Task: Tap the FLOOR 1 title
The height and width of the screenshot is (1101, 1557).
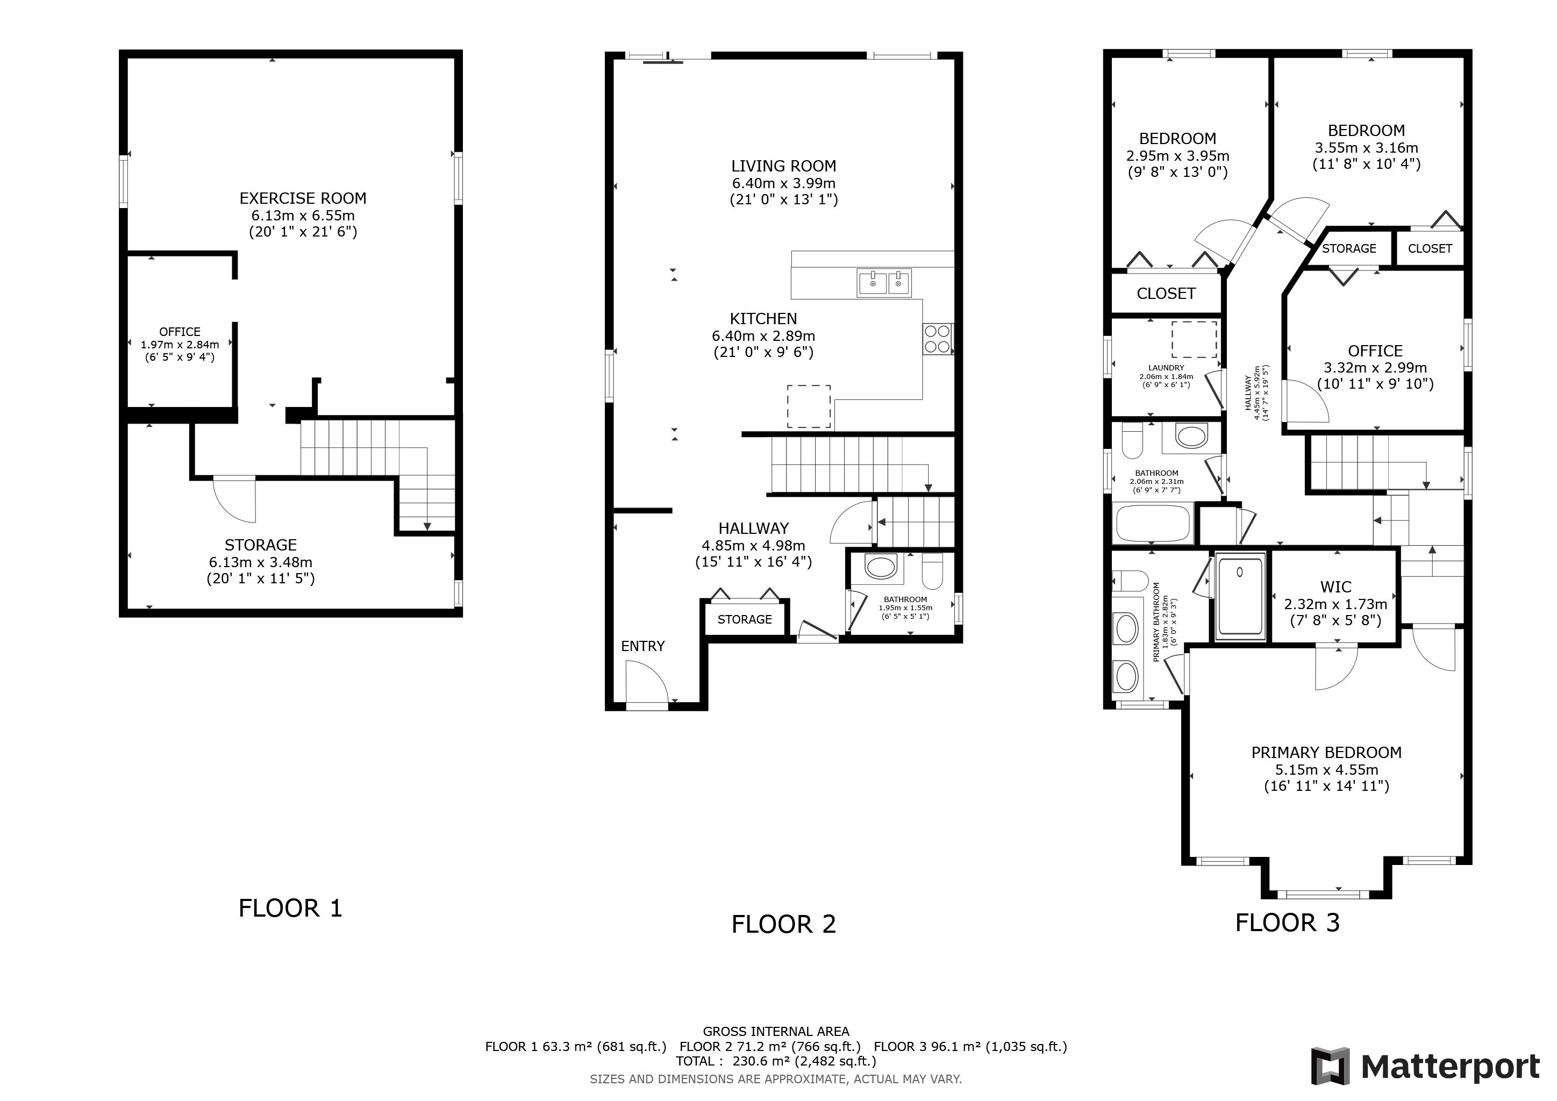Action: [x=290, y=909]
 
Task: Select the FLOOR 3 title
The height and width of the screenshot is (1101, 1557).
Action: [x=1288, y=923]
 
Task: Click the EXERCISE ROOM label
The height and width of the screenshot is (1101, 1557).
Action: [x=303, y=198]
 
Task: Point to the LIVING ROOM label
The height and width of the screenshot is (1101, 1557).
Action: [x=784, y=166]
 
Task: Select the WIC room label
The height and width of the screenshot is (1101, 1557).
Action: [x=1336, y=587]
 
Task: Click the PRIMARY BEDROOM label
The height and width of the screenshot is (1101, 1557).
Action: [x=1326, y=753]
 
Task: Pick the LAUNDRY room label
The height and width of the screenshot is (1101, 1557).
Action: [x=1166, y=368]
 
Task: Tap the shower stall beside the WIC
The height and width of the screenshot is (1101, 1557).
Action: [x=1240, y=595]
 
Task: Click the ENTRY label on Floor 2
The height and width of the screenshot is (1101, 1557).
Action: [x=643, y=647]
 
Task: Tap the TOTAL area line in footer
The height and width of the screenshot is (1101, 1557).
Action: [x=776, y=1061]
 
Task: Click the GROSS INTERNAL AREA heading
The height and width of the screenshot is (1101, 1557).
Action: [x=776, y=1032]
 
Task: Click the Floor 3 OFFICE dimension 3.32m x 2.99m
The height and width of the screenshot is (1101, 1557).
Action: [x=1375, y=368]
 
